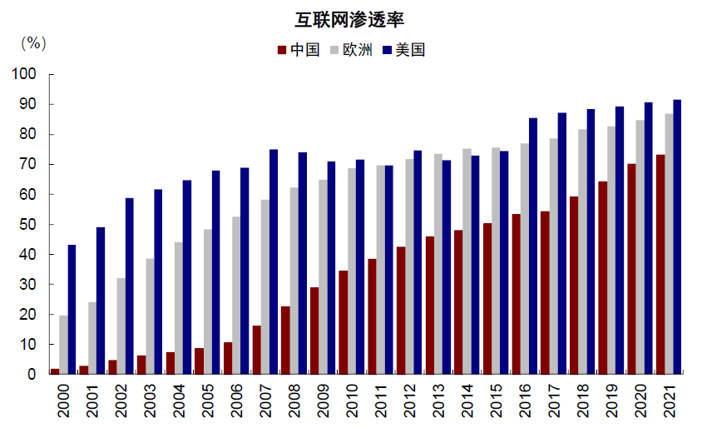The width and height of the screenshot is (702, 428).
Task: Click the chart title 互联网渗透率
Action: (x=351, y=19)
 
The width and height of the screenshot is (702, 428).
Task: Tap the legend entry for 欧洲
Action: (x=353, y=50)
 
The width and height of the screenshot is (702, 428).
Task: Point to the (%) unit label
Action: (x=33, y=42)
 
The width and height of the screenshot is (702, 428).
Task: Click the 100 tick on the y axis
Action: (x=25, y=74)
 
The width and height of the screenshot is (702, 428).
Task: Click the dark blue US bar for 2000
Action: (x=72, y=309)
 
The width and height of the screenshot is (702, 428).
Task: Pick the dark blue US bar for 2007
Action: (x=274, y=261)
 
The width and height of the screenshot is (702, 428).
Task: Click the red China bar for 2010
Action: (x=343, y=322)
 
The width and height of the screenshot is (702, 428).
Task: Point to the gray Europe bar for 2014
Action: (x=467, y=261)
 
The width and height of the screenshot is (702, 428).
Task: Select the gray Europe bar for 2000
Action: (x=63, y=345)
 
